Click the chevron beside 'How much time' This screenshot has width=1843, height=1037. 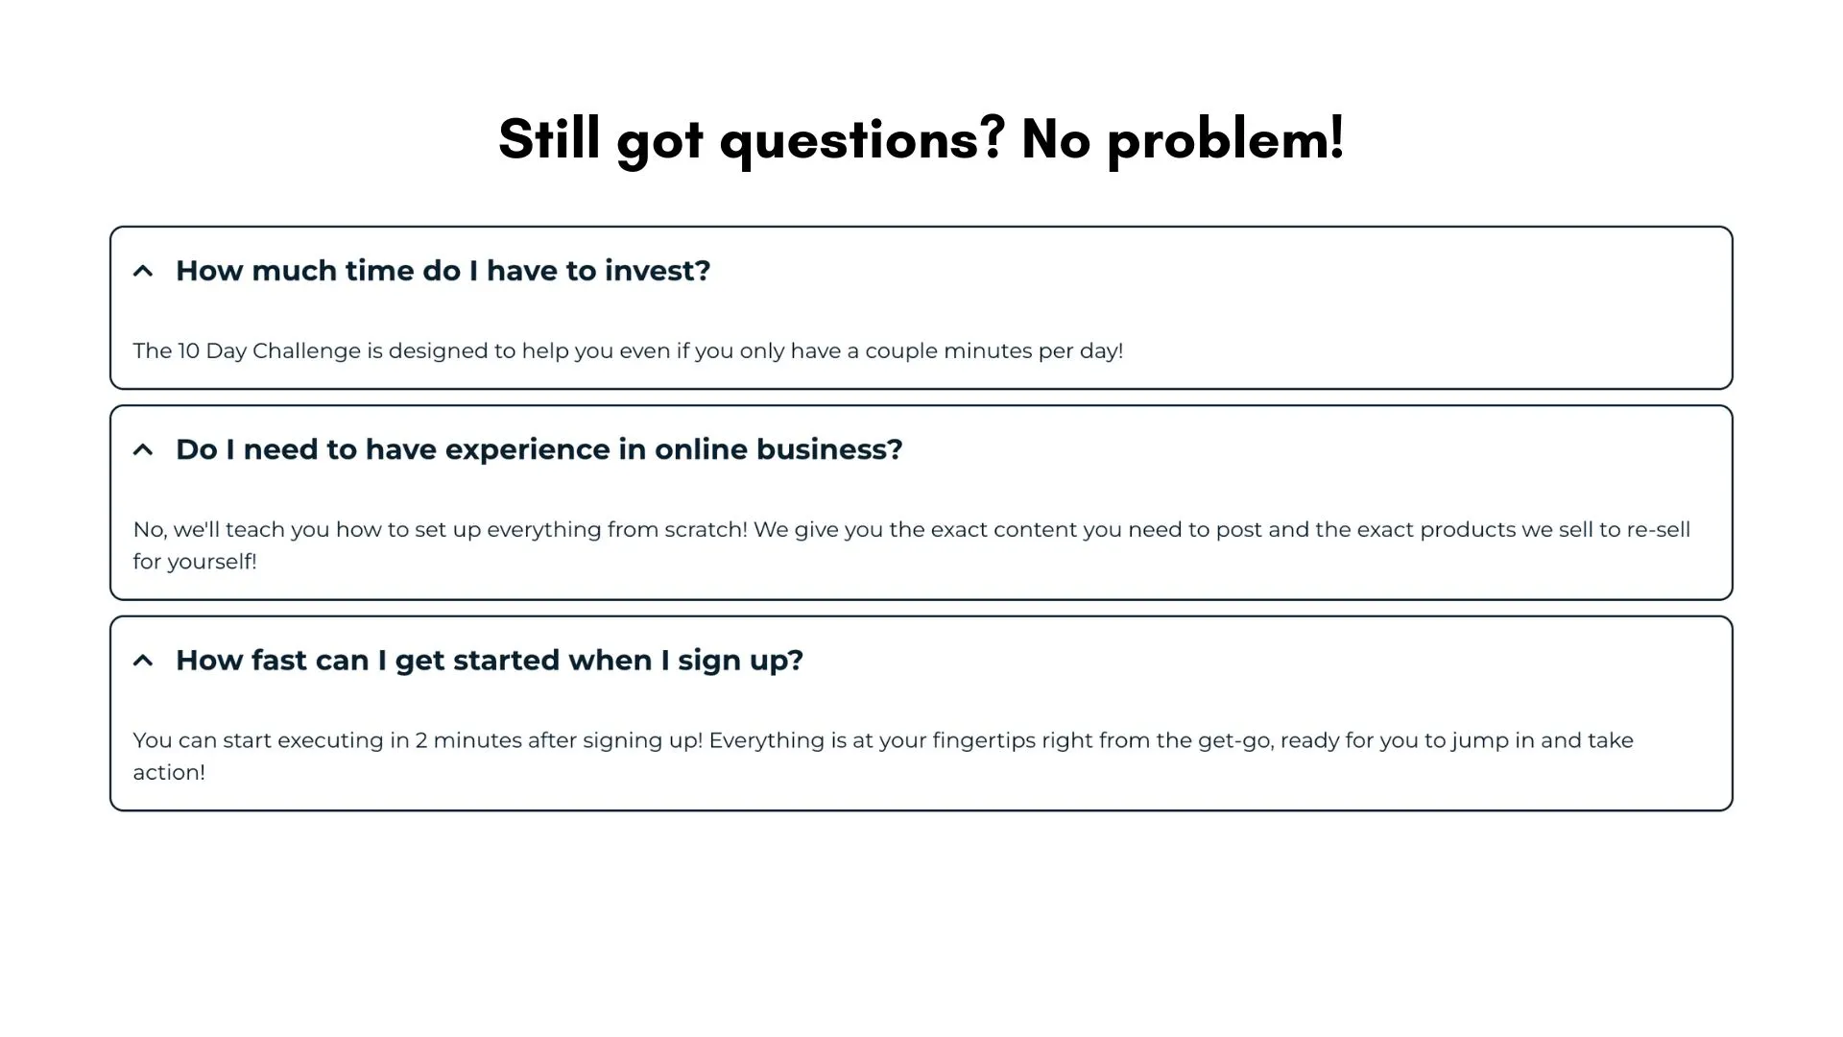[143, 271]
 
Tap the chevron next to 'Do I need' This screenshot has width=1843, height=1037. [143, 449]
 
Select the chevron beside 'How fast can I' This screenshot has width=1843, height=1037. [143, 661]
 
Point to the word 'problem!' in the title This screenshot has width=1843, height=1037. [1226, 139]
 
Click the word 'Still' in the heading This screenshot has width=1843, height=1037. [550, 137]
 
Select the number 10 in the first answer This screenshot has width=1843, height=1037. [189, 351]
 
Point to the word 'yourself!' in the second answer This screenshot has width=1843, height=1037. [212, 562]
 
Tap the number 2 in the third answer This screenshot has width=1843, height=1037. [421, 741]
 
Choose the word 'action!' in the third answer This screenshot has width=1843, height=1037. [169, 773]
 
